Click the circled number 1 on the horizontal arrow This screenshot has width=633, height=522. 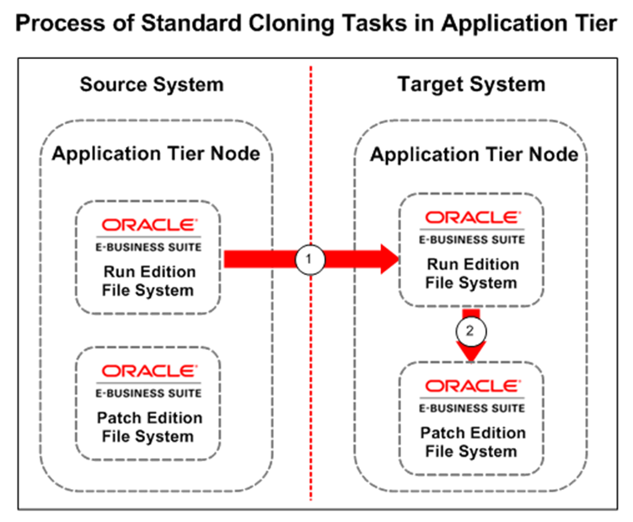pyautogui.click(x=309, y=261)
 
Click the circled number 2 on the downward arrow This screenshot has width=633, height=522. pyautogui.click(x=470, y=330)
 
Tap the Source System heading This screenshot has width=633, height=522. pyautogui.click(x=152, y=84)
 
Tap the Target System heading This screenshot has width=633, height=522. pyautogui.click(x=471, y=84)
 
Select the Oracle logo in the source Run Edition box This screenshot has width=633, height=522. pyautogui.click(x=149, y=225)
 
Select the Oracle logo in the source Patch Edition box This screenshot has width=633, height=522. pyautogui.click(x=149, y=371)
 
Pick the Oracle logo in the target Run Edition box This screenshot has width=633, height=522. pyautogui.click(x=470, y=218)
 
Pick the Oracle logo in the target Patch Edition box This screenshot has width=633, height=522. pyautogui.click(x=470, y=385)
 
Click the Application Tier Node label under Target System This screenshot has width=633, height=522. pyautogui.click(x=471, y=155)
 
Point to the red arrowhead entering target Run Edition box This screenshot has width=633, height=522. pyautogui.click(x=385, y=261)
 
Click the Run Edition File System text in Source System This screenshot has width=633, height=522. pyautogui.click(x=149, y=282)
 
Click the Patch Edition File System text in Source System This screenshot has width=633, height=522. pyautogui.click(x=149, y=428)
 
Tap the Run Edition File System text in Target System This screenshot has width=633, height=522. pyautogui.click(x=470, y=274)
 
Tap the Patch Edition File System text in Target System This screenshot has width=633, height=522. pyautogui.click(x=470, y=442)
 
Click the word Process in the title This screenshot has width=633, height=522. pyautogui.click(x=62, y=24)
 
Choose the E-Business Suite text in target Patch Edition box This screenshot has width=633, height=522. pyautogui.click(x=470, y=408)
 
